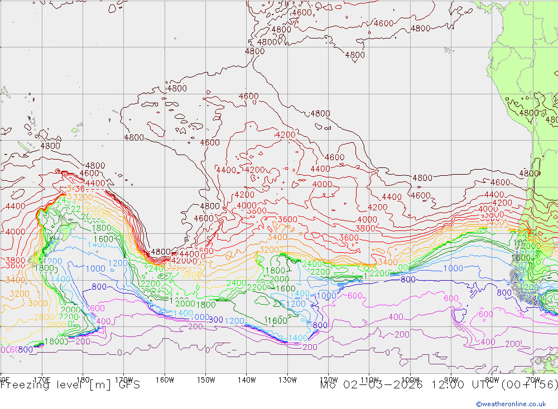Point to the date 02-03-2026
pyautogui.click(x=380, y=385)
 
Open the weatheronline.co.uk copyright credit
pyautogui.click(x=511, y=404)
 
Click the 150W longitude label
pyautogui.click(x=206, y=380)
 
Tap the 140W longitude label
pyautogui.click(x=247, y=380)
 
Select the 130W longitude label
pyautogui.click(x=287, y=380)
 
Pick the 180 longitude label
pyautogui.click(x=83, y=380)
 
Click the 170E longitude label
pyautogui.click(x=42, y=380)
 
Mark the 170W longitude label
pyautogui.click(x=124, y=380)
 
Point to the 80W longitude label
pyautogui.click(x=492, y=380)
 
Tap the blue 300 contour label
pyautogui.click(x=215, y=320)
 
